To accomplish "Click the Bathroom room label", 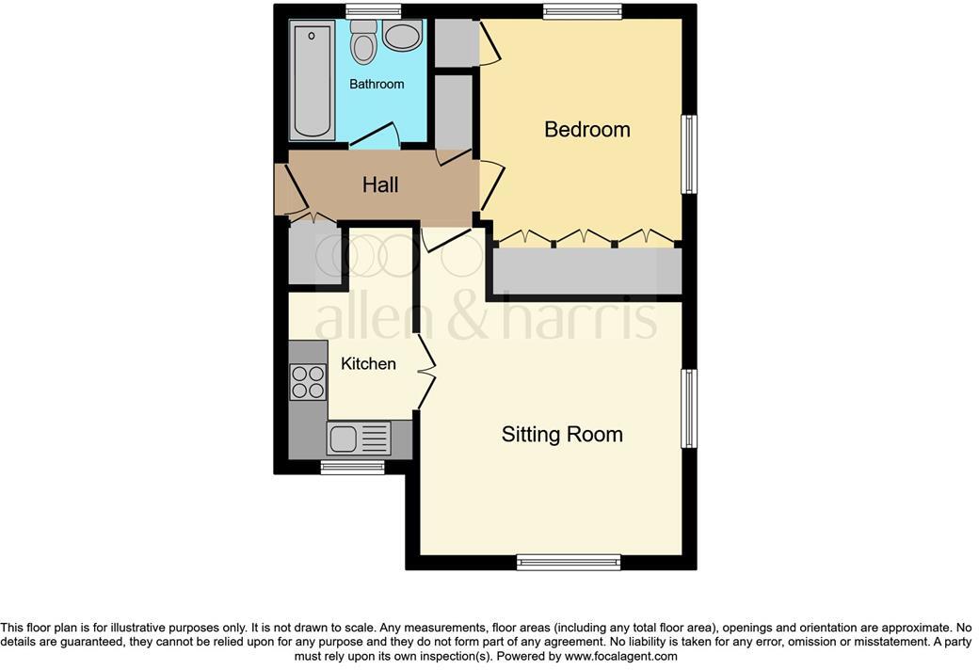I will [377, 84].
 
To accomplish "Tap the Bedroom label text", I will [586, 129].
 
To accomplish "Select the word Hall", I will [380, 184].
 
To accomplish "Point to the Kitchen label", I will [368, 363].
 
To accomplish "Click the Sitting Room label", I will [562, 434].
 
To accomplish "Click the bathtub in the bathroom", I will [311, 82].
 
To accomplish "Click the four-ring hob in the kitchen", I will [306, 382].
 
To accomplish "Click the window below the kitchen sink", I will [352, 467].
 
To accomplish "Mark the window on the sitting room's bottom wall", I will [568, 563].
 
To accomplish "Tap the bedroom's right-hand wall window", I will [690, 154].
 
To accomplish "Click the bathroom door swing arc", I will [377, 136].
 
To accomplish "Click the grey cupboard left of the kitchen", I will [313, 253].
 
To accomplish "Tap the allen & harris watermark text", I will [485, 320].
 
